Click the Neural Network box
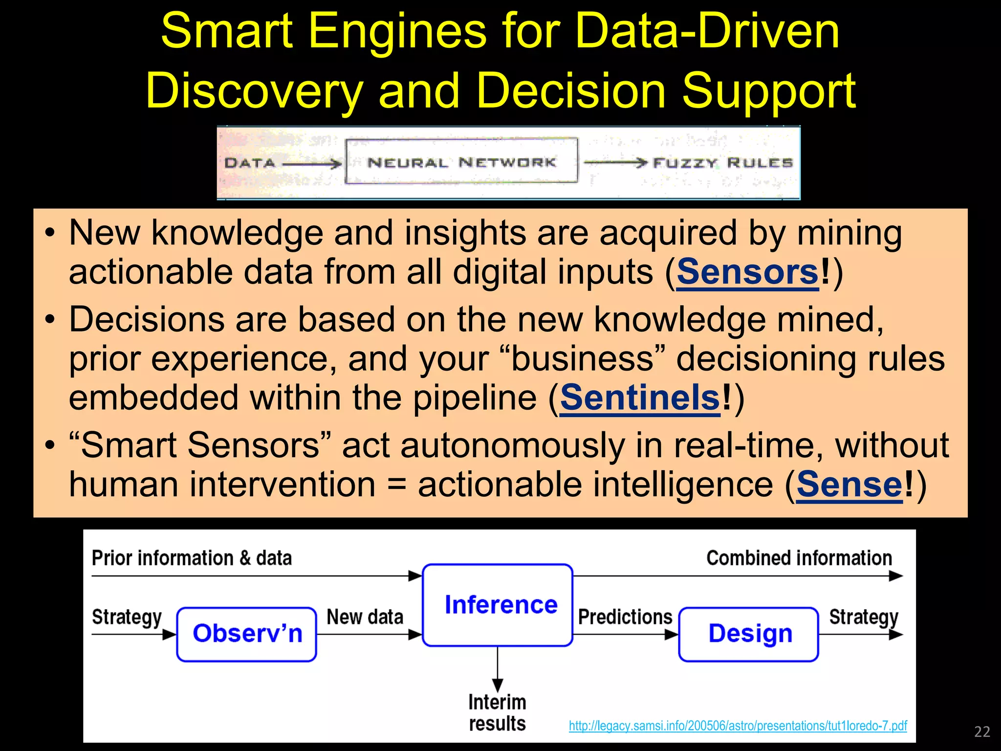[x=461, y=162]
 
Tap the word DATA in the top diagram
[x=250, y=163]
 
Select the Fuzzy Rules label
[x=723, y=163]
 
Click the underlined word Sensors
[x=747, y=272]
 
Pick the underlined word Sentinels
[x=640, y=398]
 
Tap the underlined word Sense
[x=849, y=485]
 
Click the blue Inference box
[x=498, y=605]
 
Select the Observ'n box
[x=247, y=634]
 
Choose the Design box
[x=749, y=634]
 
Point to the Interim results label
[x=497, y=713]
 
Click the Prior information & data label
[x=192, y=558]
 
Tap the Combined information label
[x=799, y=558]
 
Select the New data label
[x=365, y=617]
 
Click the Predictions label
[x=625, y=617]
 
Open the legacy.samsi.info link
[x=738, y=726]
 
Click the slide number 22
[x=982, y=731]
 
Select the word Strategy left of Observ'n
[x=127, y=617]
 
